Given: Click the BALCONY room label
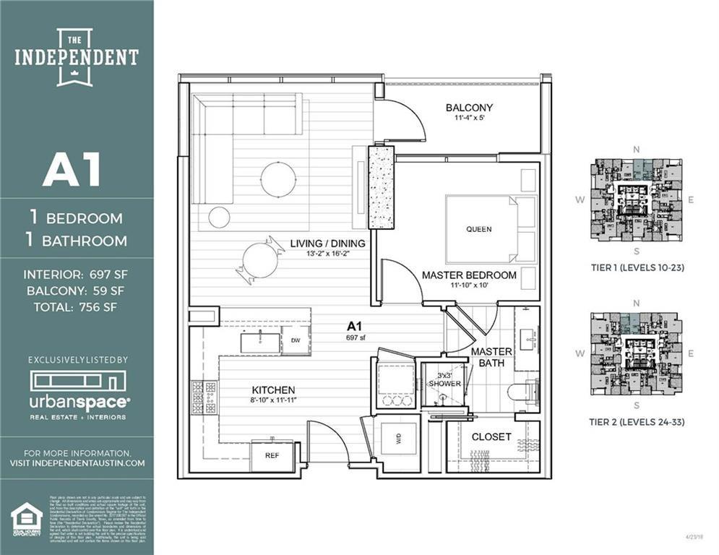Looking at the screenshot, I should tap(469, 108).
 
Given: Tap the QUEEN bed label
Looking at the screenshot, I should tap(478, 229).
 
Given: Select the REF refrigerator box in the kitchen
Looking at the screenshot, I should tap(272, 456).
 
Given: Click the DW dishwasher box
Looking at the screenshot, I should tap(296, 340).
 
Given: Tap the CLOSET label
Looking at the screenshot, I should tap(491, 436).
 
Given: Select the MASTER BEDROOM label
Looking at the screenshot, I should tap(469, 275).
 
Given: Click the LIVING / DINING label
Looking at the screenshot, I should tap(328, 244).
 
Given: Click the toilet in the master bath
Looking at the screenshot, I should tap(521, 392).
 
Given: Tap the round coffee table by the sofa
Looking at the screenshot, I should tap(278, 179).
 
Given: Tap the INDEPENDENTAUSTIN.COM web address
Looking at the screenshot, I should tap(77, 462).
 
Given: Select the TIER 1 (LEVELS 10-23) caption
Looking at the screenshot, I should tap(637, 267).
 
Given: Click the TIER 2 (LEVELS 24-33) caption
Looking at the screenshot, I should tap(637, 422).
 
